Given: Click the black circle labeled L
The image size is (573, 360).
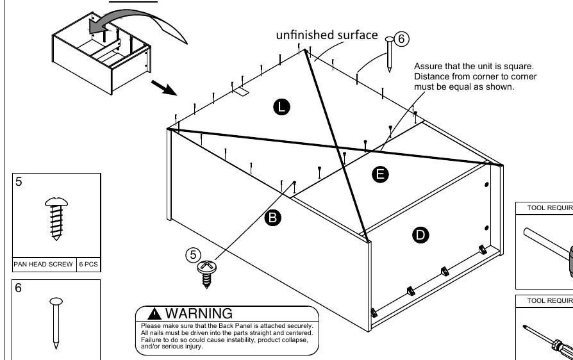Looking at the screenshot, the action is point(281,107).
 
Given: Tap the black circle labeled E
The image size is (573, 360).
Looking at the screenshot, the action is point(380,174).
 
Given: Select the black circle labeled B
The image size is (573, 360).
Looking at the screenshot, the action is point(272,218).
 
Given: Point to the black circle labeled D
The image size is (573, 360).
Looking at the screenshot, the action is point(420,234).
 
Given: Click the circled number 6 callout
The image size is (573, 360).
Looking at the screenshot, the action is point(401,38).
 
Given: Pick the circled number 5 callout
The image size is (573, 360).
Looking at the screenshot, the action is point(193,255).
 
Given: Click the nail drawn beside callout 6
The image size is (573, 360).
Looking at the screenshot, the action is point(390,54).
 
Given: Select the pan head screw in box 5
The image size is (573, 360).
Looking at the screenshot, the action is point(56,218).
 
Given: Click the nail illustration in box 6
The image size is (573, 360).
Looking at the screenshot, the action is point(56,323).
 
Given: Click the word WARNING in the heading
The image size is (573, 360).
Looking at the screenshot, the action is point(199,314).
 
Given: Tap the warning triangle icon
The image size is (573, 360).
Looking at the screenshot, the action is point(154,314).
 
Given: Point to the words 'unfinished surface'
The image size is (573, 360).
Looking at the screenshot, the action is point(327,35).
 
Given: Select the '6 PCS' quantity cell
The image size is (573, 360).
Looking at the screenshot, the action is point(88,265).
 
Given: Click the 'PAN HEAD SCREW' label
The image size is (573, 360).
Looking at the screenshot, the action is point(43,265).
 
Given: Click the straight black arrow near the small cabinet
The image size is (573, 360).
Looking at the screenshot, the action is point(164,88).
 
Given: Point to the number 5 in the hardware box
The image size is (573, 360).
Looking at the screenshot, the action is point(19,181).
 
